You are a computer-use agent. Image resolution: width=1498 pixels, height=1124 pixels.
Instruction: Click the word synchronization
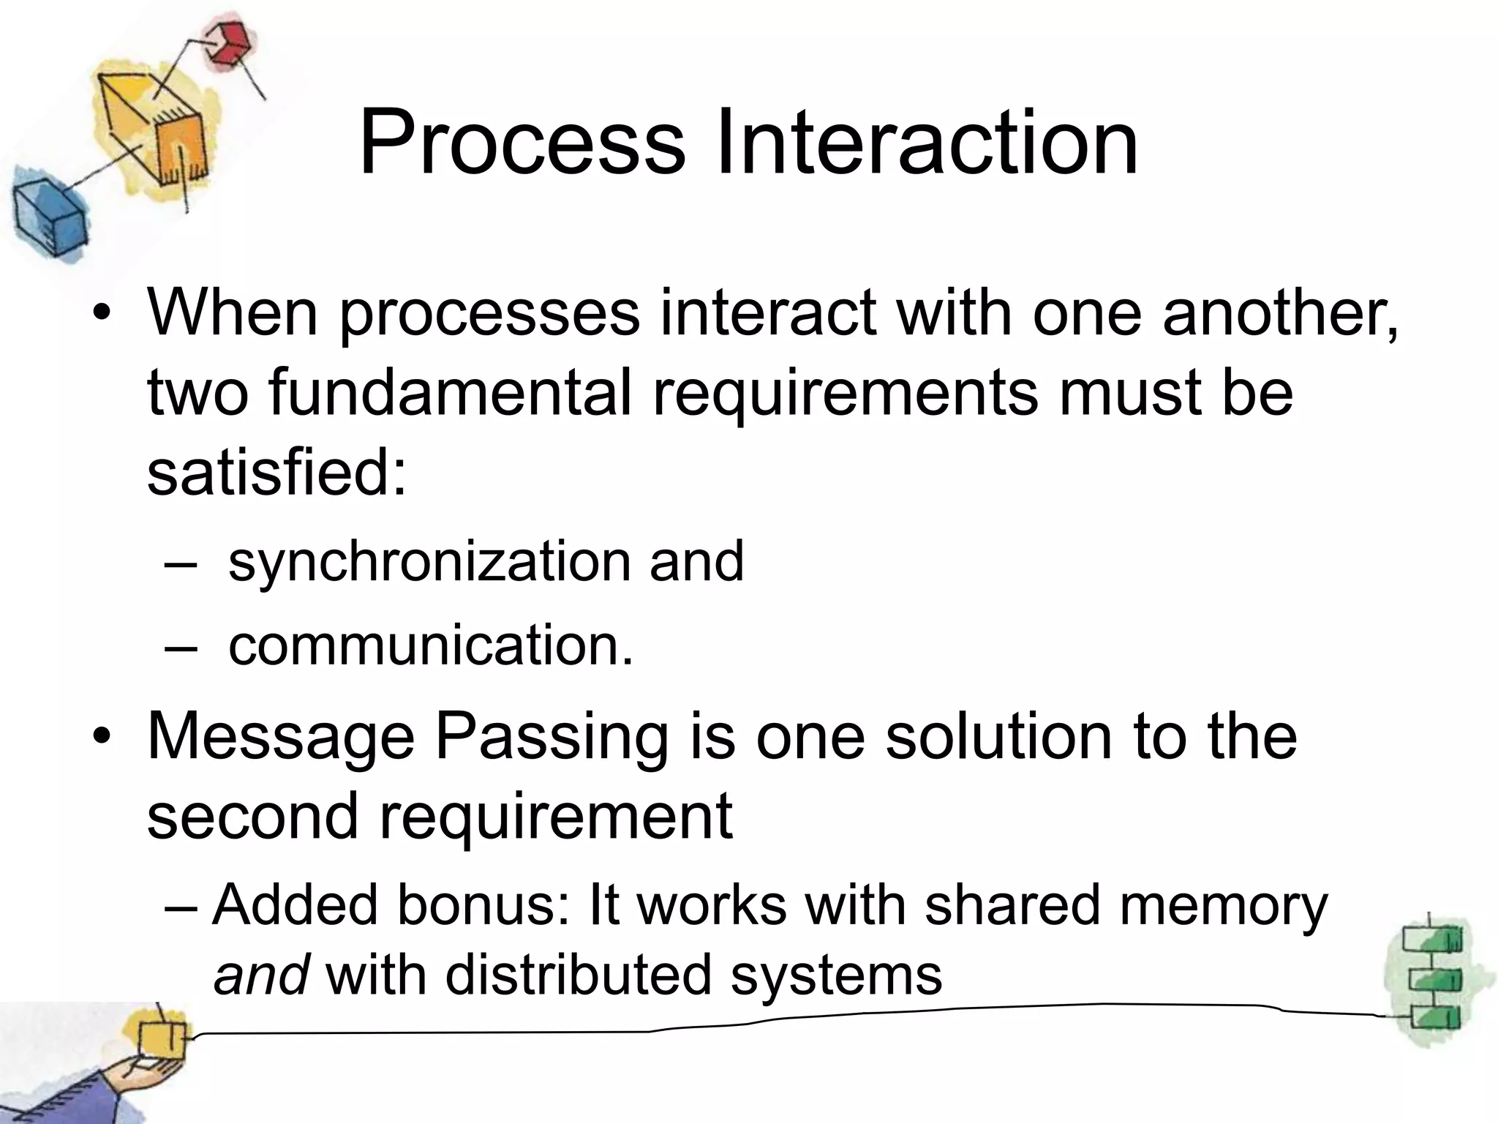(429, 562)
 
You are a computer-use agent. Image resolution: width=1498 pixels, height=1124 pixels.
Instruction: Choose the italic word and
(260, 975)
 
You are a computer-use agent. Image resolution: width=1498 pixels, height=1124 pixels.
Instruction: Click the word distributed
(578, 975)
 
